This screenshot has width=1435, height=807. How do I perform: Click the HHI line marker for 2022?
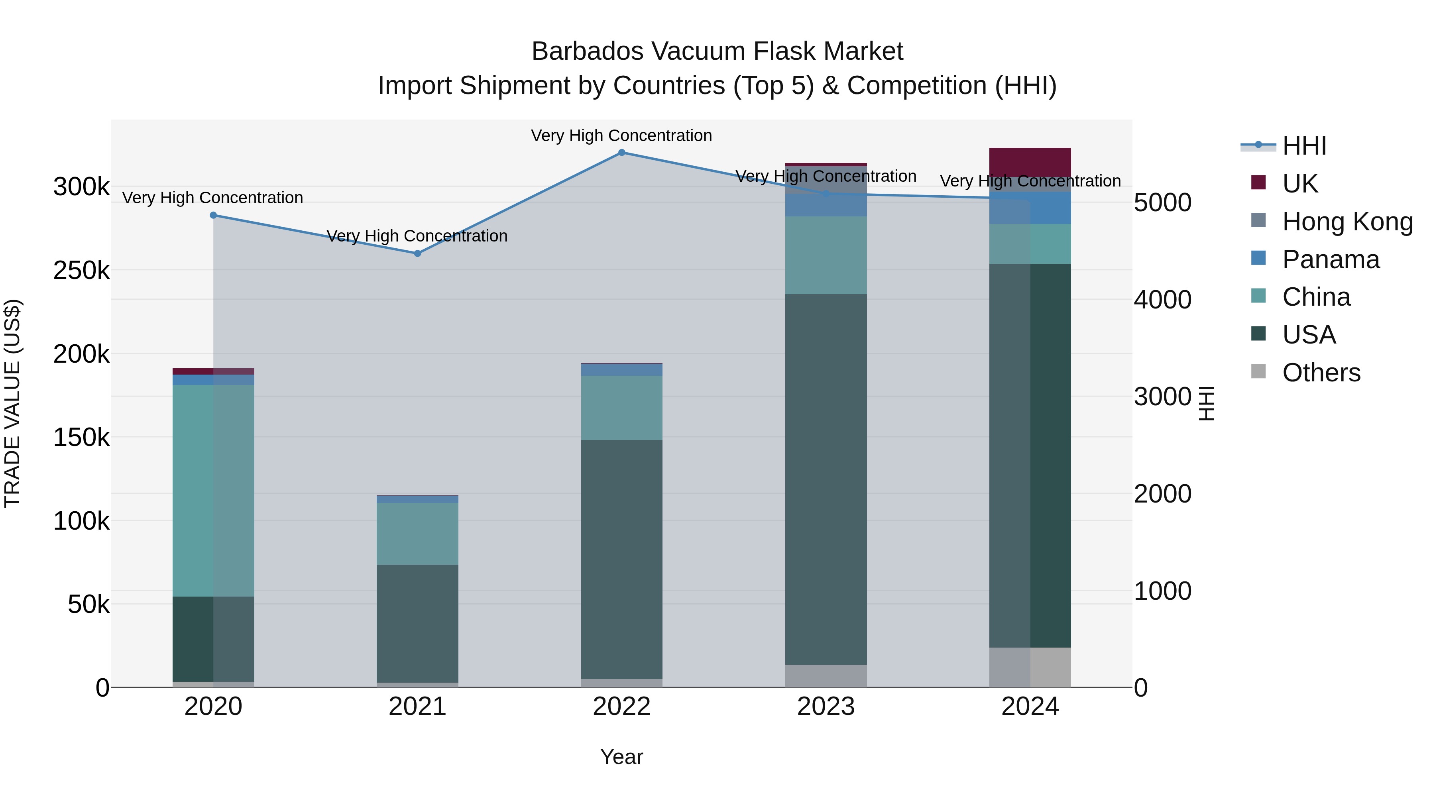click(x=622, y=152)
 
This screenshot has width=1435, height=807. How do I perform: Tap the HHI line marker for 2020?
click(x=213, y=215)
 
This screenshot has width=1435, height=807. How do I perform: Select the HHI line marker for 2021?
click(x=417, y=253)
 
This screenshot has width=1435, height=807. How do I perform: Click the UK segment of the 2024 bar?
click(x=1030, y=162)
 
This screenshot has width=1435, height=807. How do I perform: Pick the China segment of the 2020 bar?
click(x=213, y=490)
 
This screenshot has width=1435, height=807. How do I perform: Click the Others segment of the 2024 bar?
click(x=1030, y=667)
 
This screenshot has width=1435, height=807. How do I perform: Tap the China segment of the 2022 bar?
click(x=622, y=408)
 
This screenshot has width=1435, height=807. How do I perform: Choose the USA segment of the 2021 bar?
click(x=417, y=623)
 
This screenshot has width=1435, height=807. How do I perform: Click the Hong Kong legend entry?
click(x=1347, y=222)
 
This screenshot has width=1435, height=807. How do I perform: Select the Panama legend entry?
click(x=1330, y=259)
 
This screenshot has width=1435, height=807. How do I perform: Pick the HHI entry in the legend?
click(x=1303, y=146)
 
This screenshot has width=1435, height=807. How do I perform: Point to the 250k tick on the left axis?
click(x=81, y=271)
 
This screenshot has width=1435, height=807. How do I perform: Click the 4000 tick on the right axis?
click(x=1163, y=300)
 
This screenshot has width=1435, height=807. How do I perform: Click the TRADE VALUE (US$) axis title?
click(x=12, y=403)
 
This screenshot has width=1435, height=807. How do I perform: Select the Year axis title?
click(x=622, y=757)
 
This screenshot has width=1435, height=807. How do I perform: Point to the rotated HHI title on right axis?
click(x=1206, y=403)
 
